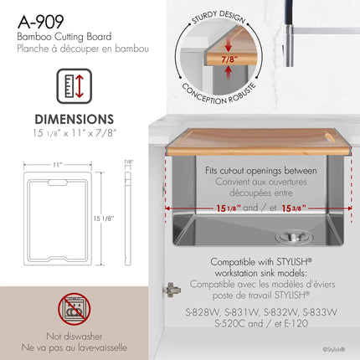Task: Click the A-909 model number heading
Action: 41,22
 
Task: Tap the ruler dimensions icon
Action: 75,86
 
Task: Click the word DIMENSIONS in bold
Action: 75,119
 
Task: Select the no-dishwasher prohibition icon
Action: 75,309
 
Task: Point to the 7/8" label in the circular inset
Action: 229,59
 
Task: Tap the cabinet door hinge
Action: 171,290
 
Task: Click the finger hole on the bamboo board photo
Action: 329,136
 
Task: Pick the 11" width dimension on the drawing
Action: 58,165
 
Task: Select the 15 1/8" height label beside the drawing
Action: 104,219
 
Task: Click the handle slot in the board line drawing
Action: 58,183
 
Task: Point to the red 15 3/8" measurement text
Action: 294,208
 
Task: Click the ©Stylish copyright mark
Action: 334,349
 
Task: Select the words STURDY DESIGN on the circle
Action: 219,17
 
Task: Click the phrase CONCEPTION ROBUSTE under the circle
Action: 219,94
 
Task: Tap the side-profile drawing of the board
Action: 127,219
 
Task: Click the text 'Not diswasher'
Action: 75,337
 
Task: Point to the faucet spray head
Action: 289,44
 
